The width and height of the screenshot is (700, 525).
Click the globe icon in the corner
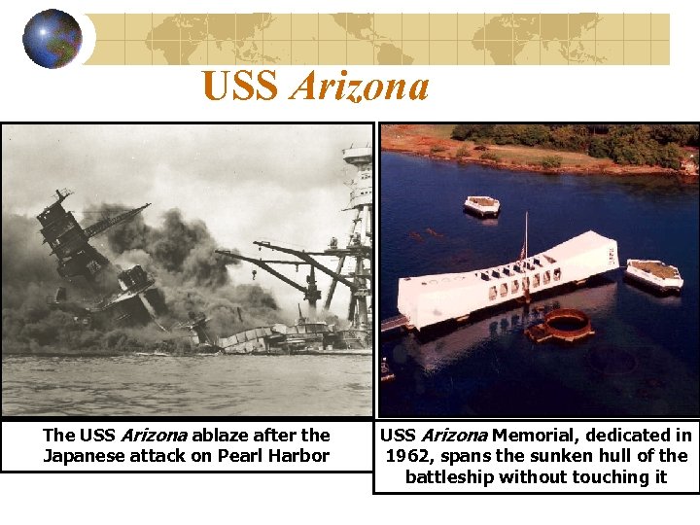click(52, 39)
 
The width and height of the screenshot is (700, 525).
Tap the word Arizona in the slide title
click(359, 87)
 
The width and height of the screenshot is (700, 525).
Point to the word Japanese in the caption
click(82, 456)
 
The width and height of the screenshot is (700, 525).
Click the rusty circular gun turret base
click(561, 326)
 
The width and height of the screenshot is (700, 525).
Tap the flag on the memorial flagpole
click(522, 253)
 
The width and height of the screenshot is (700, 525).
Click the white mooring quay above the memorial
click(482, 206)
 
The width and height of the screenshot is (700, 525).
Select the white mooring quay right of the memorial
click(652, 274)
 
